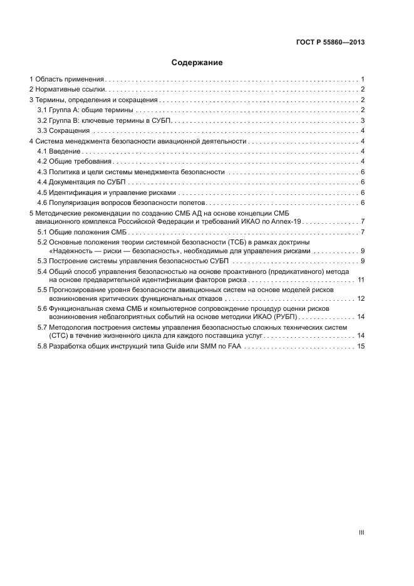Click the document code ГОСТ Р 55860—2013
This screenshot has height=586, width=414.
(330, 43)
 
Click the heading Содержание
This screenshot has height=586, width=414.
(197, 63)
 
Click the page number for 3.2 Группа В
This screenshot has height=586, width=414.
(363, 120)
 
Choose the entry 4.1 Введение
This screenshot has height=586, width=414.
(58, 152)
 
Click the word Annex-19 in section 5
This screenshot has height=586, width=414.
(287, 222)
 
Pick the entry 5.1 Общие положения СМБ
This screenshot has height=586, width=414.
(78, 233)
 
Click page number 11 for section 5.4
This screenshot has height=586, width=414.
(361, 280)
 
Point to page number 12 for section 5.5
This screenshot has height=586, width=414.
(361, 298)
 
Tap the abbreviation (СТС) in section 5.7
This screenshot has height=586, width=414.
(59, 337)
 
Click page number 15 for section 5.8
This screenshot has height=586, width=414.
(361, 347)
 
